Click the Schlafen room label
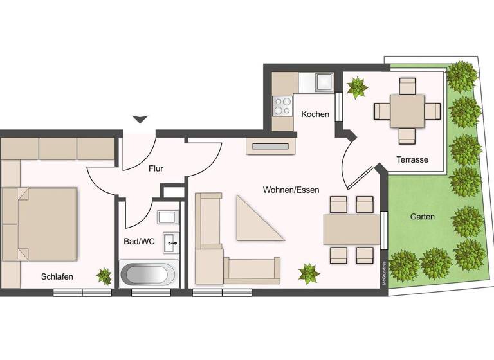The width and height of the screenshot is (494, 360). coord(57,276)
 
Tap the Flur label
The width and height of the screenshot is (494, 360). coord(156,169)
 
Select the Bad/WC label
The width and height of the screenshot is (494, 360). coord(139,242)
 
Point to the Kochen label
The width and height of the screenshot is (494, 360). coord(315,114)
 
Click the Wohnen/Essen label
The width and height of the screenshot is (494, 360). coord(291,190)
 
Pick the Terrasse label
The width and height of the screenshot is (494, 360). coord(412,160)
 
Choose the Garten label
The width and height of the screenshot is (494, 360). coord(422,217)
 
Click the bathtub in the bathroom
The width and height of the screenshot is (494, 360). coord(147,274)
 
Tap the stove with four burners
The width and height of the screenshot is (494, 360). coord(282,105)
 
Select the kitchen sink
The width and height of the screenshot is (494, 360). coord(323,82)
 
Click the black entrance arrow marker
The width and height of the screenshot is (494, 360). coord(140,119)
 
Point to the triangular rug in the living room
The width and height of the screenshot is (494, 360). coord(257,221)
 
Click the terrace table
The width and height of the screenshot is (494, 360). coord(407,111)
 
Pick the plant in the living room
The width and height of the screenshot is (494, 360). coord(309,273)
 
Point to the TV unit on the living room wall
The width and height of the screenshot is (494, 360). coord(271,147)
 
